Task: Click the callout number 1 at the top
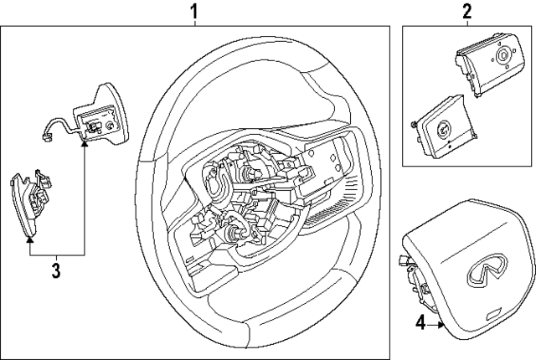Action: click(x=193, y=12)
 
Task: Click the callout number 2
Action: click(x=467, y=12)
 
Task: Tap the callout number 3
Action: click(x=56, y=270)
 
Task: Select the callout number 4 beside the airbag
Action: click(x=420, y=322)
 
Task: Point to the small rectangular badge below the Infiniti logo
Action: click(x=494, y=312)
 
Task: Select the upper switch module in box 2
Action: click(x=486, y=66)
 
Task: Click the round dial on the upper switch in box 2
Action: click(x=502, y=57)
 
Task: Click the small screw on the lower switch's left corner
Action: click(x=415, y=125)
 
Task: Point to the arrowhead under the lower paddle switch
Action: click(x=29, y=238)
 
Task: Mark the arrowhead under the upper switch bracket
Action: click(x=85, y=145)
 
